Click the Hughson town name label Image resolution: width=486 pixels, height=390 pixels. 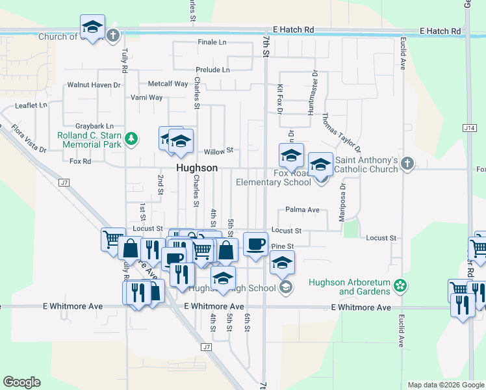point(196,168)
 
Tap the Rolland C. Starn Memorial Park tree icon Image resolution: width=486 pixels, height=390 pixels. point(132,138)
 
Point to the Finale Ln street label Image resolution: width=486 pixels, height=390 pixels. point(212,42)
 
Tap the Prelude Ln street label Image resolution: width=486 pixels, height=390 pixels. point(212,70)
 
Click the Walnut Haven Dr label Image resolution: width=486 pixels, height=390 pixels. point(94,85)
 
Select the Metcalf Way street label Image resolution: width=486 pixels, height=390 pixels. point(168,84)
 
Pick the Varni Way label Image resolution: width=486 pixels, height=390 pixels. point(146,97)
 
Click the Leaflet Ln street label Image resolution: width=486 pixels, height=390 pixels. point(32,105)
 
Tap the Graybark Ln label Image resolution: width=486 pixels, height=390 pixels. point(94,125)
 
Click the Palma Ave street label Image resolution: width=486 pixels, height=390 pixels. point(302,210)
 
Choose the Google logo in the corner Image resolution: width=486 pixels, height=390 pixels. point(21,382)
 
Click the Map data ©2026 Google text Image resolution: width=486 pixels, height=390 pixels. point(445,385)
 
